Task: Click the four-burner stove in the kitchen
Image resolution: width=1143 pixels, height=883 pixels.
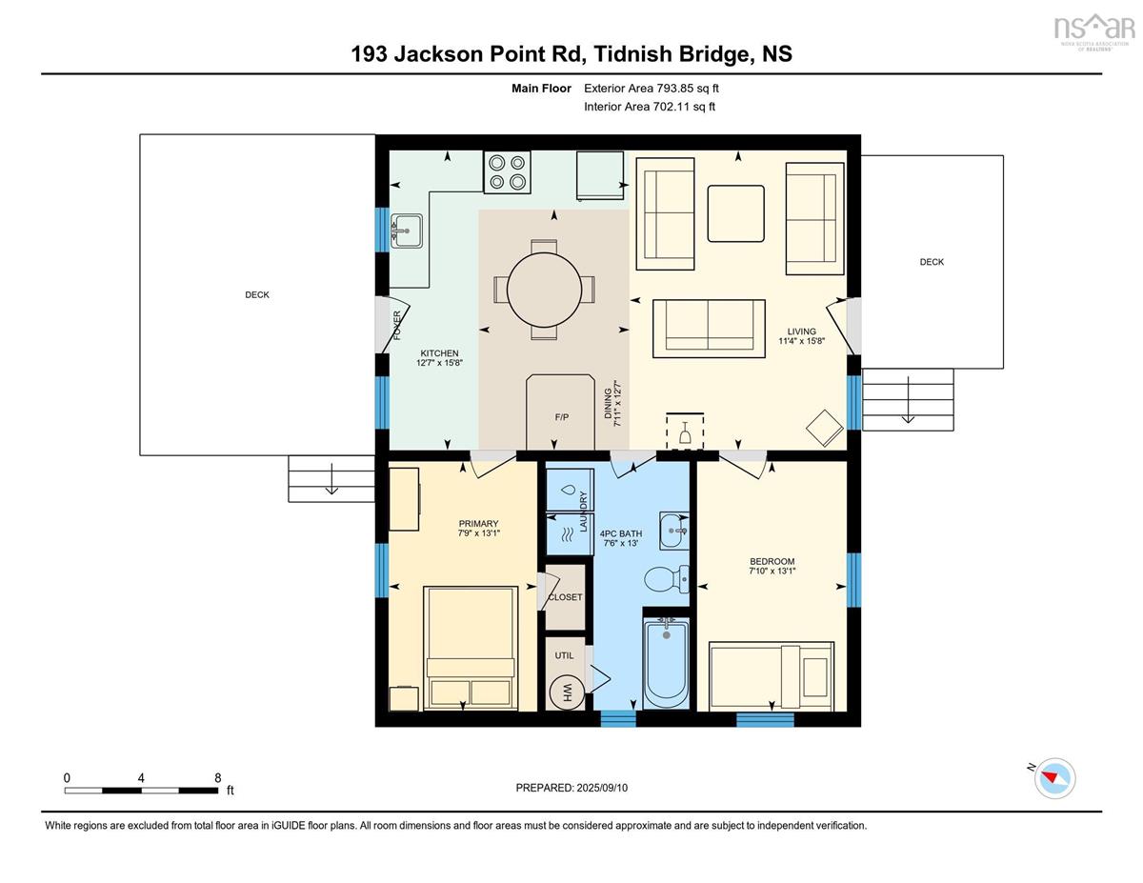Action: tap(507, 172)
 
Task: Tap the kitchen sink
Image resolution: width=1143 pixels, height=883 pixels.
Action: tap(406, 231)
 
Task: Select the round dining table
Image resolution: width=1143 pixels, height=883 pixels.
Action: tap(544, 290)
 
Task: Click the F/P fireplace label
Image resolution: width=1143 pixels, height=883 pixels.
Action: tap(561, 417)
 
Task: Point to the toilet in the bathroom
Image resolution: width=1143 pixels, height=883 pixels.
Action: tap(667, 579)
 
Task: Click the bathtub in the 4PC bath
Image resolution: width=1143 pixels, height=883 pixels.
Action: tap(667, 664)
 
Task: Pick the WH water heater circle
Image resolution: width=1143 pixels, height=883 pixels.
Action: tap(567, 692)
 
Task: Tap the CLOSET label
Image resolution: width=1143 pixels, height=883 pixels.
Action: tap(565, 597)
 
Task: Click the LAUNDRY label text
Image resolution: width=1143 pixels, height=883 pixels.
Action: tap(583, 512)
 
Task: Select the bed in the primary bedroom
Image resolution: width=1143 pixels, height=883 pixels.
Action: tap(471, 648)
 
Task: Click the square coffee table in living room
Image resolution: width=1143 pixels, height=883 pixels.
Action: tap(735, 213)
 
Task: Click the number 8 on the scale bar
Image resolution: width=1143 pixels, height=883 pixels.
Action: tap(218, 777)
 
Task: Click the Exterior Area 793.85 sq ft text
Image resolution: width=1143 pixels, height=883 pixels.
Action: tap(652, 89)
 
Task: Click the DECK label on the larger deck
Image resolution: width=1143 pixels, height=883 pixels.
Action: tap(257, 295)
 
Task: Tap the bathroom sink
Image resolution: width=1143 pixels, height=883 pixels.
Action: tap(673, 531)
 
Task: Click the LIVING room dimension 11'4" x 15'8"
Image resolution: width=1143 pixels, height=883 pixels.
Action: tap(802, 341)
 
